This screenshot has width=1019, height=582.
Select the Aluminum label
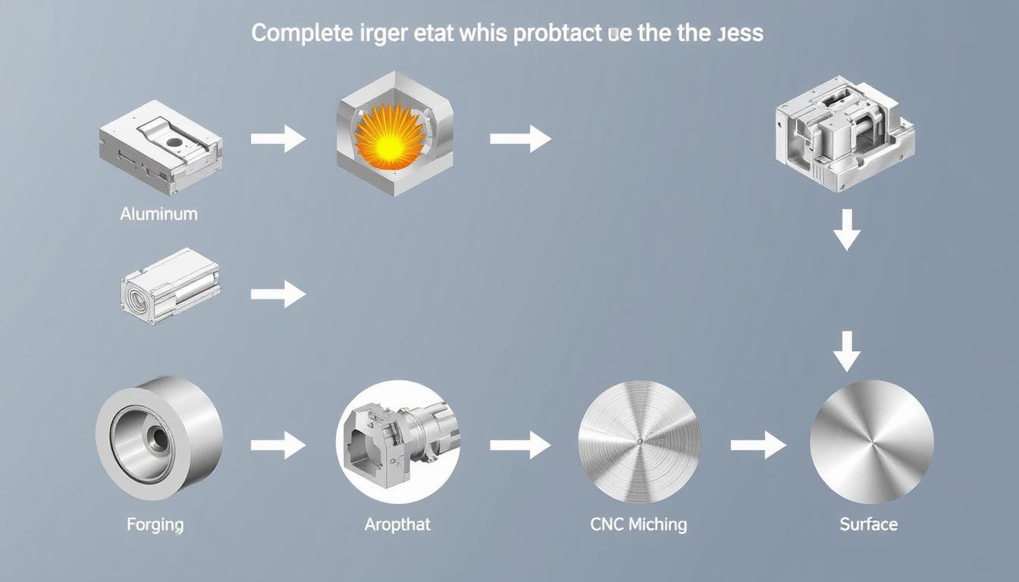158,214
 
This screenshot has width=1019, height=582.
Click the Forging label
155,524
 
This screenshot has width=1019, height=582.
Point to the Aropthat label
397,524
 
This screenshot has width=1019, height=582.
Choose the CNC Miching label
638,524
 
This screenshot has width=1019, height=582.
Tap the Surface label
869,524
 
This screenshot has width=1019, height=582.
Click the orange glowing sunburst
388,136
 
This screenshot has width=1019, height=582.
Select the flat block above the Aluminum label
161,147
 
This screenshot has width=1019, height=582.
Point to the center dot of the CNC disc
639,442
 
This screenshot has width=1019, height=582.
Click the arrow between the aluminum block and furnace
278,139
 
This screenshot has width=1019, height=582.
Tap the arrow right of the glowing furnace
520,139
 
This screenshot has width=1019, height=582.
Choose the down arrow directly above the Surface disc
847,350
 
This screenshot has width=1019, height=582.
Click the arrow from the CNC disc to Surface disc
758,445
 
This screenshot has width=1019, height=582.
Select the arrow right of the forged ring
278,445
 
